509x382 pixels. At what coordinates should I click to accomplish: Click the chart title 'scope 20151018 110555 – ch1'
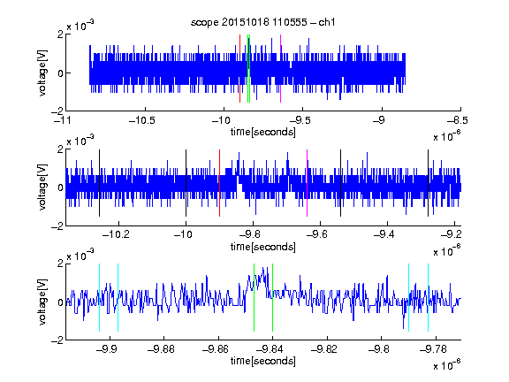point(262,22)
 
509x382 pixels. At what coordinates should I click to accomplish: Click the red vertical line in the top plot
point(239,69)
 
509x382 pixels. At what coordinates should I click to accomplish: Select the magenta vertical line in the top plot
point(280,69)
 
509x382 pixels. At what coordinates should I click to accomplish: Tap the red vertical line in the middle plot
point(219,183)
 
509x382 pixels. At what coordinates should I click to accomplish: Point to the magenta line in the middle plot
point(308,183)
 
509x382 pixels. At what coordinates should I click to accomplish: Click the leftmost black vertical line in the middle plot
point(99,183)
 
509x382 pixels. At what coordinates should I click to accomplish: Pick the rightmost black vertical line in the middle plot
point(428,183)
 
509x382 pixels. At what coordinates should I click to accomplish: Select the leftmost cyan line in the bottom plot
point(99,297)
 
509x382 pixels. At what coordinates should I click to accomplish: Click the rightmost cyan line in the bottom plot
point(428,297)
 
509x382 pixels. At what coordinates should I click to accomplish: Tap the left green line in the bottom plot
point(254,297)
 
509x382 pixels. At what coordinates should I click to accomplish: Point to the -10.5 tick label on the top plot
point(142,120)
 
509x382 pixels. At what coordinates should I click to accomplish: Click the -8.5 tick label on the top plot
point(458,120)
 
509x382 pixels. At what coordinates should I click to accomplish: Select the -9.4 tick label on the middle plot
point(384,234)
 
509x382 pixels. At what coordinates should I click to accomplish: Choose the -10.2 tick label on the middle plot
point(116,234)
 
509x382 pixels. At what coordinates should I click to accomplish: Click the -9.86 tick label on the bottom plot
point(216,349)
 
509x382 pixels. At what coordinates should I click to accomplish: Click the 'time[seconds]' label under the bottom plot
point(263,361)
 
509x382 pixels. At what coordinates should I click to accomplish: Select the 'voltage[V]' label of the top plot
point(42,73)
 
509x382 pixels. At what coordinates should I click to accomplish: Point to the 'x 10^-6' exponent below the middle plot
point(446,251)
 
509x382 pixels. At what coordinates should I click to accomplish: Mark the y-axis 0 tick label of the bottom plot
point(60,302)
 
